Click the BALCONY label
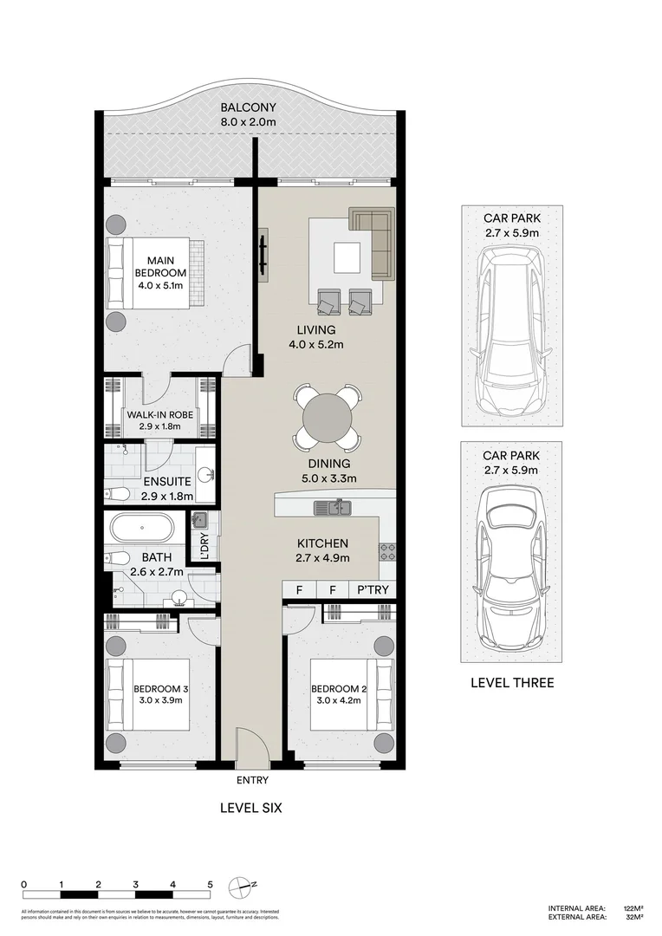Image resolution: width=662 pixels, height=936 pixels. [x=248, y=108]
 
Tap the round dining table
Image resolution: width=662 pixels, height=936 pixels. [x=328, y=419]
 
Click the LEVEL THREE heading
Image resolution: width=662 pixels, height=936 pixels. [x=511, y=683]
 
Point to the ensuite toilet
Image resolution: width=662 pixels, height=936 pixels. [x=117, y=493]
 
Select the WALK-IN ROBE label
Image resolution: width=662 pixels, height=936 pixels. [x=160, y=414]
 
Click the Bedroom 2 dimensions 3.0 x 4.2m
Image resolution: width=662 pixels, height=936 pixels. [x=333, y=701]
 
